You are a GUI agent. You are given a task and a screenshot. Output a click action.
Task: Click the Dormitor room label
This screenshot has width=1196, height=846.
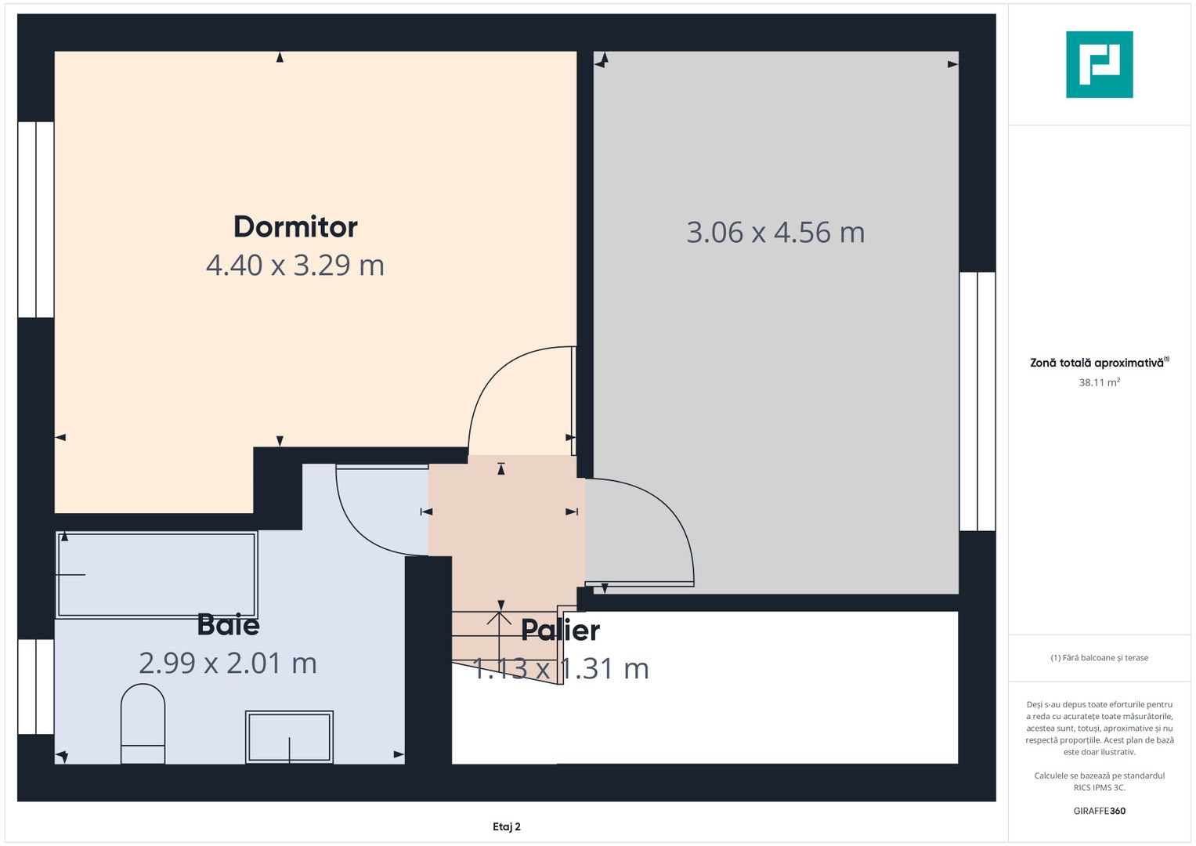(295, 227)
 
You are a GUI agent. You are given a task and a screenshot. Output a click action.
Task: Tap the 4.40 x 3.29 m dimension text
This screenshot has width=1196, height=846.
(295, 266)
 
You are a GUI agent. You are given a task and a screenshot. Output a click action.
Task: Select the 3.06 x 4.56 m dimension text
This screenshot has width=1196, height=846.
(775, 233)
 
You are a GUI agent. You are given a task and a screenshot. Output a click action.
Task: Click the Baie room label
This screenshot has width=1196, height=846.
(228, 625)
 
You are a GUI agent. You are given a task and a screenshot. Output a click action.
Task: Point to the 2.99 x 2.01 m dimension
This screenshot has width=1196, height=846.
(228, 663)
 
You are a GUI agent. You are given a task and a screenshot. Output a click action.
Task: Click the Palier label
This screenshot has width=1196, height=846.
(560, 631)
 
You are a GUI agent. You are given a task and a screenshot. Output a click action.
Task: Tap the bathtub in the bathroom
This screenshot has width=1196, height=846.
(157, 575)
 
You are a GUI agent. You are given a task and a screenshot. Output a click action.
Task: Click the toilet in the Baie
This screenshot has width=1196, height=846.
(143, 724)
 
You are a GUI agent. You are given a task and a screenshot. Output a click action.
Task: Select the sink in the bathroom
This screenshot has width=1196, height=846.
(289, 736)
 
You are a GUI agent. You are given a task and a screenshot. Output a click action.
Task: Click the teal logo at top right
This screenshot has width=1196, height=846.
(1099, 64)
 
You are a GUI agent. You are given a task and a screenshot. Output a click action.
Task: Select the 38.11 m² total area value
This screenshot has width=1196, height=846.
(1099, 383)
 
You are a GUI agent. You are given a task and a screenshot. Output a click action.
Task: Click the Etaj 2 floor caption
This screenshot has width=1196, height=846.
(507, 826)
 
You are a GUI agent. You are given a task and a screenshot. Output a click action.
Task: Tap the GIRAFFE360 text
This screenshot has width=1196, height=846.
(1099, 811)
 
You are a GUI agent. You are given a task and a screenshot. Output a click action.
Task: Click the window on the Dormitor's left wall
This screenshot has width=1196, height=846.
(36, 219)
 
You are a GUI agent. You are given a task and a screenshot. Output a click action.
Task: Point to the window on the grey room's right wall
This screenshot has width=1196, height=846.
(977, 401)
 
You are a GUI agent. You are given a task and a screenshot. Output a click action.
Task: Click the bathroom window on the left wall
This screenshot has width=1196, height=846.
(36, 687)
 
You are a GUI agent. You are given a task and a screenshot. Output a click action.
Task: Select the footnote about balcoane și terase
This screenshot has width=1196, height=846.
(1099, 658)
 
